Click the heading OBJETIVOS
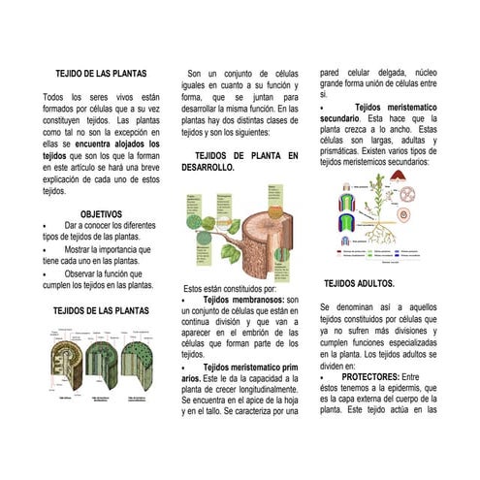pyautogui.click(x=101, y=213)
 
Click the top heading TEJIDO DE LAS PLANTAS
pyautogui.click(x=101, y=73)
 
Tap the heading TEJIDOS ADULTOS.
pyautogui.click(x=359, y=284)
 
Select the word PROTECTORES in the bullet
pyautogui.click(x=370, y=376)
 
